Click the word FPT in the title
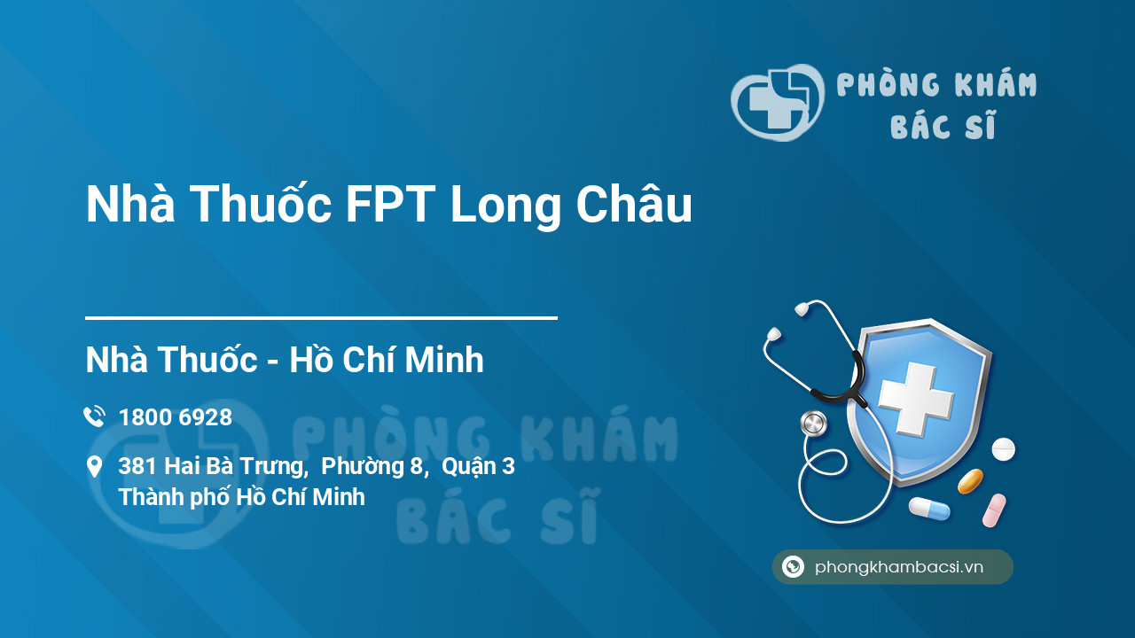(x=391, y=204)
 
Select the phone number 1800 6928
(x=176, y=417)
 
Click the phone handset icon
(x=95, y=416)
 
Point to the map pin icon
(x=94, y=466)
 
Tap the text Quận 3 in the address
(x=478, y=467)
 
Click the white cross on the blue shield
(x=916, y=399)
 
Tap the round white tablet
(x=1003, y=449)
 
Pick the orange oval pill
(x=970, y=481)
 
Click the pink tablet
(x=994, y=510)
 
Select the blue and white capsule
(x=929, y=509)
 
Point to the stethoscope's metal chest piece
(x=814, y=424)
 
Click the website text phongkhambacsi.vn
(x=899, y=567)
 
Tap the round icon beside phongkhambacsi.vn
(x=793, y=566)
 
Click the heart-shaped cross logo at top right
(x=778, y=103)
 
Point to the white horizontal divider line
(x=321, y=318)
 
